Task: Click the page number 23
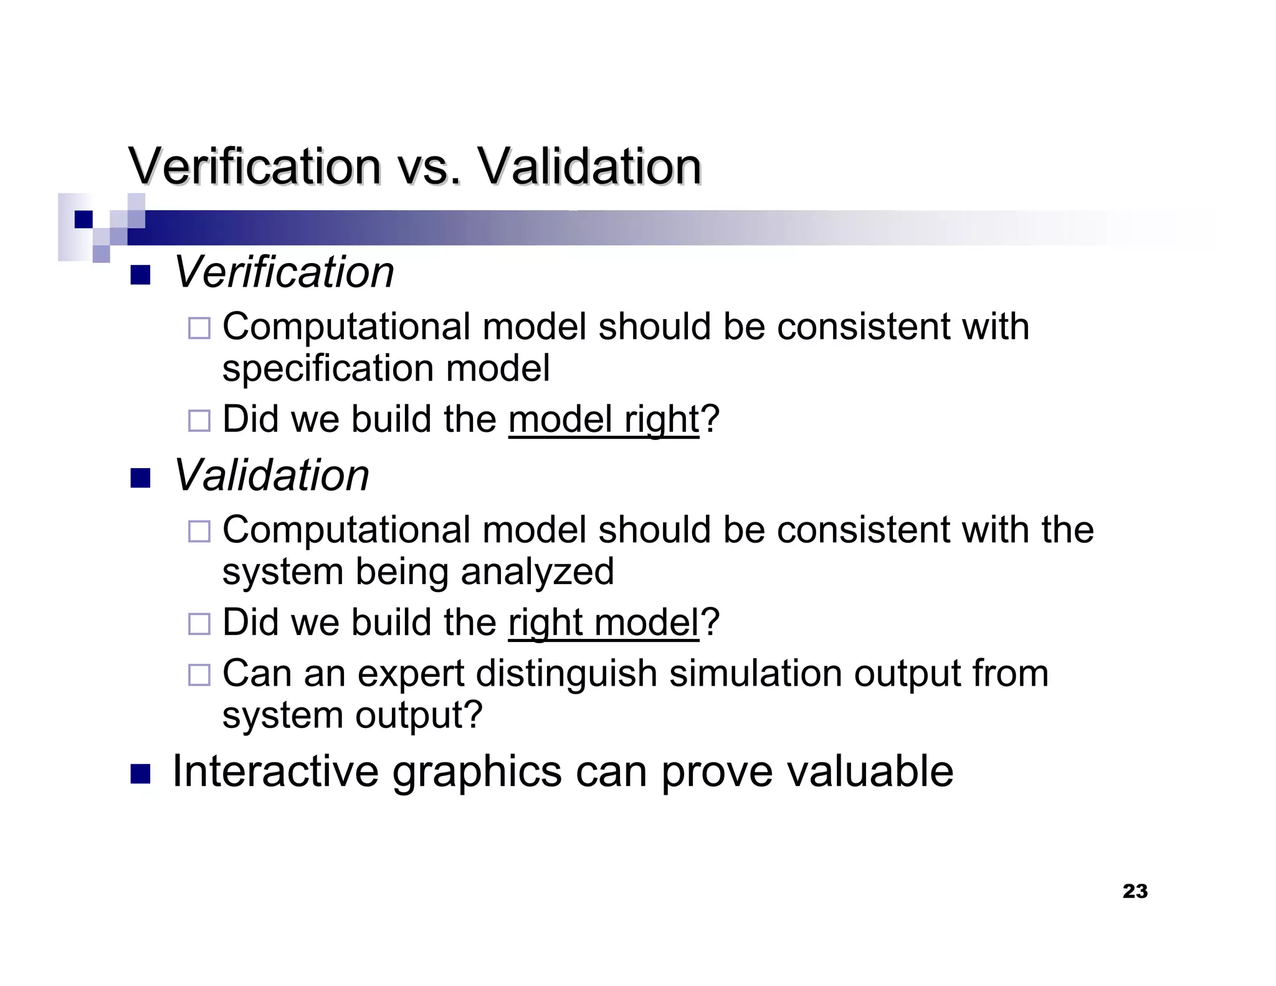pyautogui.click(x=1135, y=891)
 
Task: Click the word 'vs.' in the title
pyautogui.click(x=429, y=167)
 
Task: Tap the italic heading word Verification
pyautogui.click(x=283, y=273)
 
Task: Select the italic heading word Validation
pyautogui.click(x=271, y=476)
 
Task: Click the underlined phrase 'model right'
pyautogui.click(x=603, y=419)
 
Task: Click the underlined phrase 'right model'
pyautogui.click(x=603, y=623)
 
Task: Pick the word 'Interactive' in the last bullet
pyautogui.click(x=275, y=772)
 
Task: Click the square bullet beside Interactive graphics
pyautogui.click(x=140, y=773)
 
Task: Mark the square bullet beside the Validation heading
pyautogui.click(x=140, y=478)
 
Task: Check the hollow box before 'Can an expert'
pyautogui.click(x=199, y=674)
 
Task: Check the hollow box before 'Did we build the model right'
pyautogui.click(x=199, y=421)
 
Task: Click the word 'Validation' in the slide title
pyautogui.click(x=589, y=167)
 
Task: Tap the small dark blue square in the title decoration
pyautogui.click(x=83, y=219)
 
